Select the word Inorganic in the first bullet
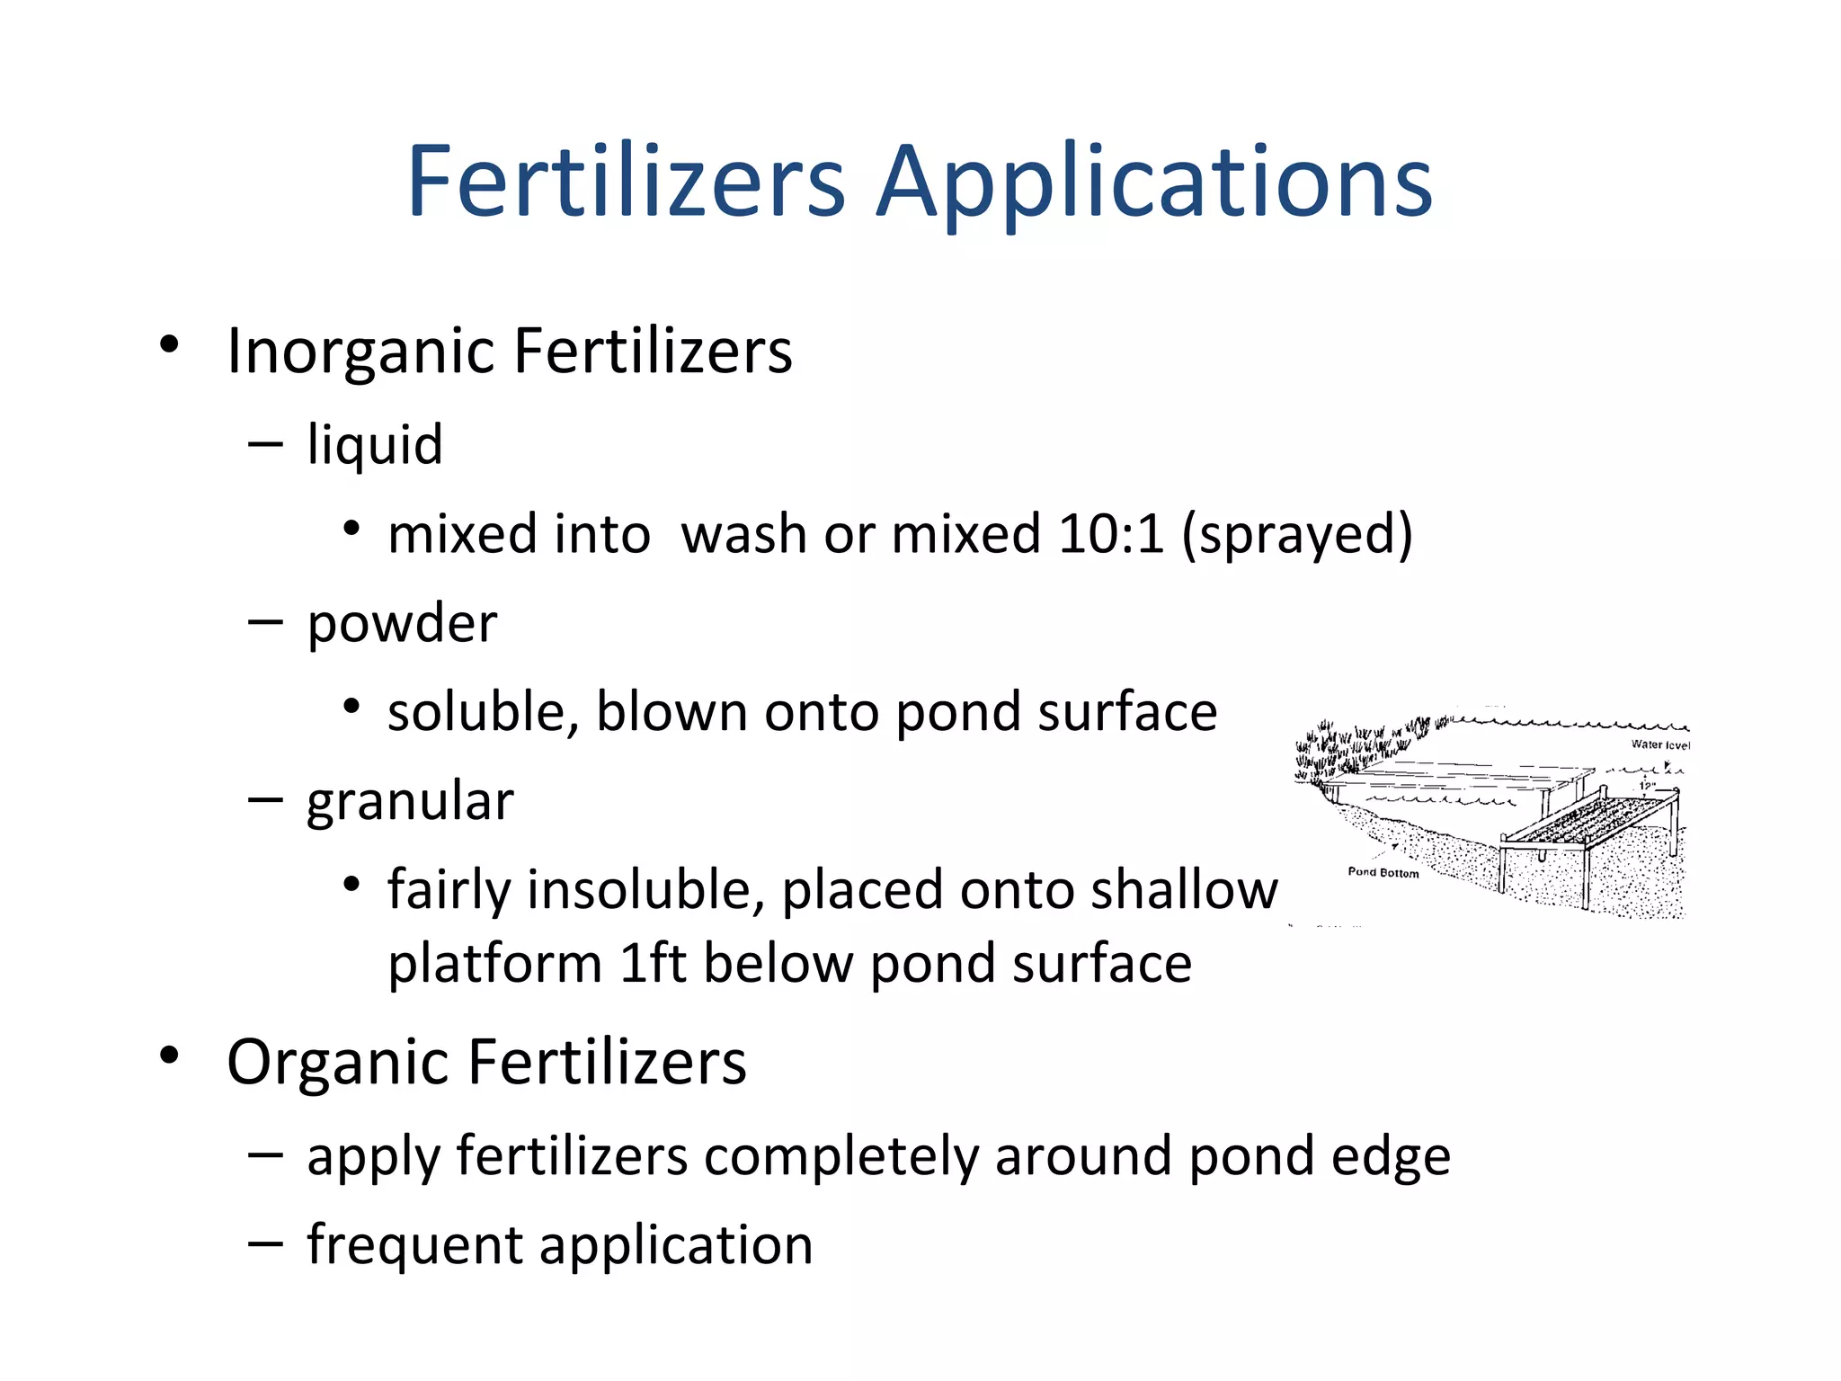point(361,352)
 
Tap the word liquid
point(375,445)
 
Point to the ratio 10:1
point(1111,534)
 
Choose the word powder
point(402,623)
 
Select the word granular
point(410,801)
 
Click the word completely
point(840,1156)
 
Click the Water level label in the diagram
point(1660,744)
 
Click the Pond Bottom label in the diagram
point(1383,873)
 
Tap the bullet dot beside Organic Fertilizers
point(169,1056)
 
